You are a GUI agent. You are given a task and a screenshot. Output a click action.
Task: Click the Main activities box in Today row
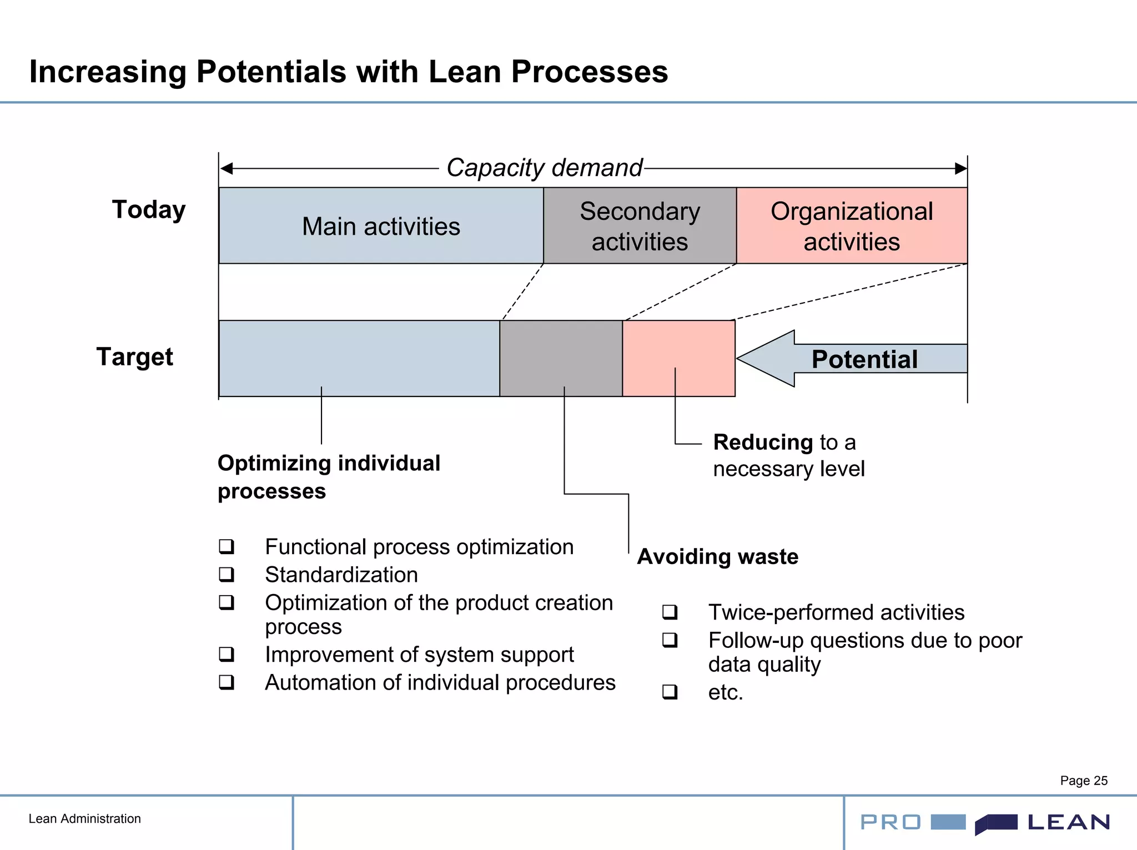pyautogui.click(x=381, y=226)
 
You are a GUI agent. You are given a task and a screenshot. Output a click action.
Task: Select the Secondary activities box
pyautogui.click(x=640, y=226)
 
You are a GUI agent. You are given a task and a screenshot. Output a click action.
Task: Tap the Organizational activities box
pyautogui.click(x=852, y=226)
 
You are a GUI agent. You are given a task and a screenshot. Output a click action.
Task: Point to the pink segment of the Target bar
pyautogui.click(x=678, y=358)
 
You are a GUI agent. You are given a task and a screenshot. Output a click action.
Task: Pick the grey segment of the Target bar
pyautogui.click(x=561, y=358)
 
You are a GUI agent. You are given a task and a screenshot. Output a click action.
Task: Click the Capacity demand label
pyautogui.click(x=544, y=168)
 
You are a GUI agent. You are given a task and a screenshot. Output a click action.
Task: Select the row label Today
pyautogui.click(x=149, y=210)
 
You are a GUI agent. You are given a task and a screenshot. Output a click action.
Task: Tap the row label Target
pyautogui.click(x=135, y=356)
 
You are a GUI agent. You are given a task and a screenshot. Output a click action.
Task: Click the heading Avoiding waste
pyautogui.click(x=717, y=556)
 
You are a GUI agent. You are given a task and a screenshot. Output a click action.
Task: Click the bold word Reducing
pyautogui.click(x=763, y=442)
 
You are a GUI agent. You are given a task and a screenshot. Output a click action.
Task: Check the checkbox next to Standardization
pyautogui.click(x=226, y=574)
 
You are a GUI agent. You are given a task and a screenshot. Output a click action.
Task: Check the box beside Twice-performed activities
pyautogui.click(x=670, y=612)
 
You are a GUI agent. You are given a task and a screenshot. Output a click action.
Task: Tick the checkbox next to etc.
pyautogui.click(x=670, y=692)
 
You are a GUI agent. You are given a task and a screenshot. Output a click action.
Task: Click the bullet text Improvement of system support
pyautogui.click(x=419, y=655)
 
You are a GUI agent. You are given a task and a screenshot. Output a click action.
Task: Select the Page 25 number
pyautogui.click(x=1083, y=781)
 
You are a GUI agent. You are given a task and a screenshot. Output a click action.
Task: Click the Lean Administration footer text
pyautogui.click(x=84, y=818)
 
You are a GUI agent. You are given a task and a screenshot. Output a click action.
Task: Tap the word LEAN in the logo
pyautogui.click(x=1068, y=822)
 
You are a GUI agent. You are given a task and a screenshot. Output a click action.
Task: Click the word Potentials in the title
pyautogui.click(x=271, y=72)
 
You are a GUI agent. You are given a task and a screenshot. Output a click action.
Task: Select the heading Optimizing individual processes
pyautogui.click(x=329, y=476)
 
